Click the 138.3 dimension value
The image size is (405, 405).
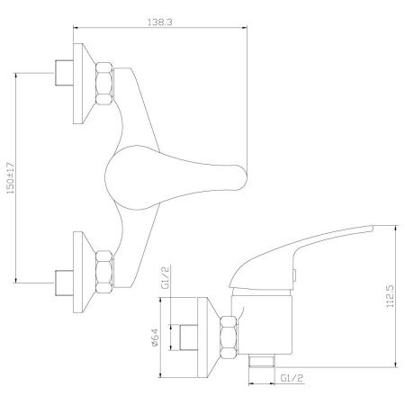click(160, 22)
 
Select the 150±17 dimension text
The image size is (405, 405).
click(11, 178)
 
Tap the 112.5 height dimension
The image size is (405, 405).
click(390, 296)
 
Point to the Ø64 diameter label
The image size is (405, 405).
click(155, 337)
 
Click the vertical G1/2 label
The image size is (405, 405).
click(166, 276)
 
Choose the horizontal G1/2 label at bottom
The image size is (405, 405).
click(292, 378)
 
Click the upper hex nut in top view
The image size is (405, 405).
click(104, 83)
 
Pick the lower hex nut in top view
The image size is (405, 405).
click(104, 272)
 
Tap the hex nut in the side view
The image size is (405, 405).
click(229, 337)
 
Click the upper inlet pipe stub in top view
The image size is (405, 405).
click(64, 73)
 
